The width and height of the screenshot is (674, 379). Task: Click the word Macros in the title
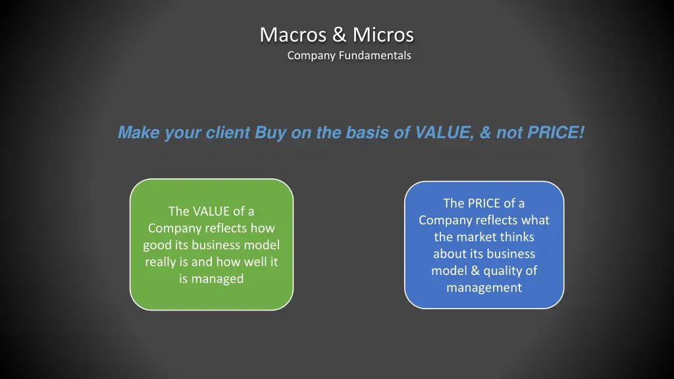click(x=290, y=34)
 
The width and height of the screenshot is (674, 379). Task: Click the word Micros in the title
click(x=383, y=34)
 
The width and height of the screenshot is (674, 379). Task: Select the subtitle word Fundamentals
click(x=375, y=56)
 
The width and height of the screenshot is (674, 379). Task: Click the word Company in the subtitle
click(x=312, y=56)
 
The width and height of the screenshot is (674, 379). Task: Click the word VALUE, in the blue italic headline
click(x=445, y=133)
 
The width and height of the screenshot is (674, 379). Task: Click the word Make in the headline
click(x=138, y=133)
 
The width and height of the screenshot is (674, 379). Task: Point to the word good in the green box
click(x=158, y=245)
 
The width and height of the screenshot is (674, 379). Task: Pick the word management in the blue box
click(x=484, y=288)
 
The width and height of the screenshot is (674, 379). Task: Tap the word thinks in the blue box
click(x=517, y=237)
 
